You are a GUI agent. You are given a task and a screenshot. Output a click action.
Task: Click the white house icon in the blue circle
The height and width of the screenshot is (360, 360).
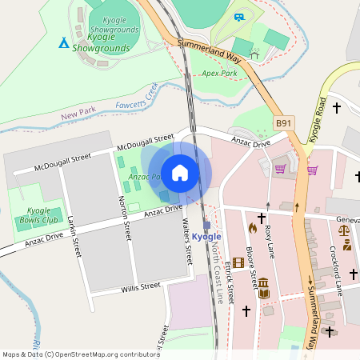pos(180,173)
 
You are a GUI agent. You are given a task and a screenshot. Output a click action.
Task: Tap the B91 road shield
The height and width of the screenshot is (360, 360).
pos(284,122)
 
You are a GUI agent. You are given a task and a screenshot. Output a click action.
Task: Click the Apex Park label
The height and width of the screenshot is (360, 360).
pos(219,73)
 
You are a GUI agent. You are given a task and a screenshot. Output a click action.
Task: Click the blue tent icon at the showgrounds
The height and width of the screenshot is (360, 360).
pos(63,42)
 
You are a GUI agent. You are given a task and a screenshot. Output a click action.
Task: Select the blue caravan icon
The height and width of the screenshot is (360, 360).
pos(239,16)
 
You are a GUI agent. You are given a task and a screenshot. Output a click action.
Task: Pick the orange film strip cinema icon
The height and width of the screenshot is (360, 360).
pos(238,262)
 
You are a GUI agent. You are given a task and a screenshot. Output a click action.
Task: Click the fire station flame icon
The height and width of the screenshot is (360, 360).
pos(253,228)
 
